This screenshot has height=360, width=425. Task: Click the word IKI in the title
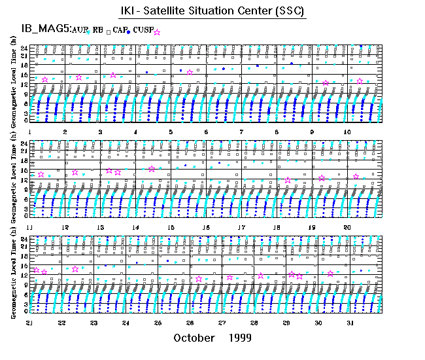(x=127, y=12)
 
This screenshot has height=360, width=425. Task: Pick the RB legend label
(x=98, y=30)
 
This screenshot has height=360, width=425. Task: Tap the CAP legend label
(x=120, y=30)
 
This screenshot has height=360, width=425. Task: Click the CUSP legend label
(x=143, y=30)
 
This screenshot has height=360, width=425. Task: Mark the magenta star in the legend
(x=157, y=31)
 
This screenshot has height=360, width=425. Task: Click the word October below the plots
(x=194, y=338)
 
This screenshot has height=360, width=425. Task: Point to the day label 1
(x=30, y=132)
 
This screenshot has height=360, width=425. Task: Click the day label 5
(x=171, y=132)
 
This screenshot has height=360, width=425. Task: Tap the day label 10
(x=348, y=132)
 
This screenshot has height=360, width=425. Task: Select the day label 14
(x=136, y=227)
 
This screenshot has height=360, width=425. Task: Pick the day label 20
(x=348, y=227)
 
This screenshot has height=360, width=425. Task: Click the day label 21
(x=29, y=323)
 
